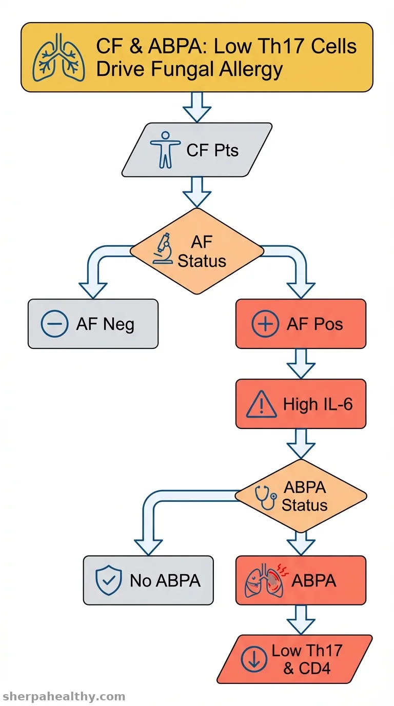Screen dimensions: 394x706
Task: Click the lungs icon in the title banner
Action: [59, 57]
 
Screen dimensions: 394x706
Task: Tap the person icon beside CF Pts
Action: [165, 150]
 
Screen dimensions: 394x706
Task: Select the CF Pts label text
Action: [212, 150]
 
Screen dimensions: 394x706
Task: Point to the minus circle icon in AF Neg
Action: [54, 324]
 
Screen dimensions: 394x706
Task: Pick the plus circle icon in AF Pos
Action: [265, 324]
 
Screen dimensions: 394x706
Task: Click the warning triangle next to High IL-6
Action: [261, 404]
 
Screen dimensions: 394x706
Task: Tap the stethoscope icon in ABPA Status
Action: [265, 497]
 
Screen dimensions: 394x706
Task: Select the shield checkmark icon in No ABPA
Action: [108, 581]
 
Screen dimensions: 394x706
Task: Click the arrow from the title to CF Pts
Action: [197, 107]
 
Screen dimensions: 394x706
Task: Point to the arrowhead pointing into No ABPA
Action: [148, 547]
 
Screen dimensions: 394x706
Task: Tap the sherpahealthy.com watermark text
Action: [63, 696]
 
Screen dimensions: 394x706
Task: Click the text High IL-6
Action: [318, 404]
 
